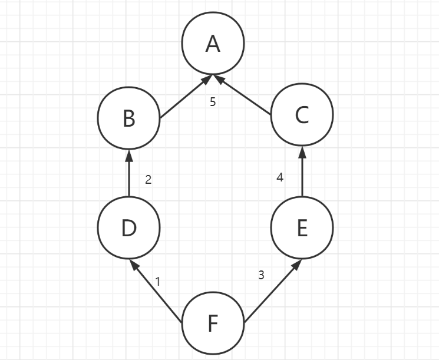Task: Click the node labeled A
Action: [213, 44]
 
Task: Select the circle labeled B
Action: [129, 118]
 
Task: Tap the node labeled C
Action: [302, 115]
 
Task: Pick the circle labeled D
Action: [129, 227]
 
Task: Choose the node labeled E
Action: [302, 227]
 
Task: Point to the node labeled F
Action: [213, 323]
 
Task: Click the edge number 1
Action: [158, 282]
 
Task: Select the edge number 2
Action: [148, 180]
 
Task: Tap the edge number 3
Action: [262, 275]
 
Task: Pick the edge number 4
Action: [280, 177]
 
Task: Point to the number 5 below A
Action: [213, 102]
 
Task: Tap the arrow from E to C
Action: [302, 171]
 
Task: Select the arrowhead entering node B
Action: [129, 154]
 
